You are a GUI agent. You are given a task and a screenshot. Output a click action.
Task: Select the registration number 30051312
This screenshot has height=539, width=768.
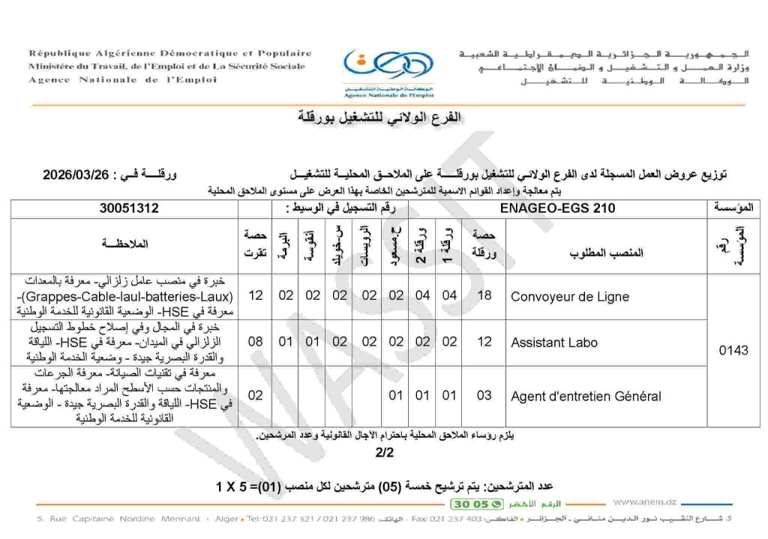[x=129, y=209]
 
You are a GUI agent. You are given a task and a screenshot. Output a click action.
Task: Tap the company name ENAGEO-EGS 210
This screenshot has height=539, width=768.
[x=556, y=209]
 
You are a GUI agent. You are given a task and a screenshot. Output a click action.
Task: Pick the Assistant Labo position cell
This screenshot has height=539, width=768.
[x=554, y=343]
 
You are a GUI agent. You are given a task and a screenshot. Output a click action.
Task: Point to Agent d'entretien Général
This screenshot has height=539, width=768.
[x=586, y=397]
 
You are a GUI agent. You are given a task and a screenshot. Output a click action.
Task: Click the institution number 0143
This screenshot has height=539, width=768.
[x=733, y=350]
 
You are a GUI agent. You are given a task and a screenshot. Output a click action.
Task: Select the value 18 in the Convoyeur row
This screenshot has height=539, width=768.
[x=484, y=295]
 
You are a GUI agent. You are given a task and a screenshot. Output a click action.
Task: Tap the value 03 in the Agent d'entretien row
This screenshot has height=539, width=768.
[x=484, y=396]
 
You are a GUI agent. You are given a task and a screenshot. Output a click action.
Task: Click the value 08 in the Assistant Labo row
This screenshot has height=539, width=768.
[x=255, y=343]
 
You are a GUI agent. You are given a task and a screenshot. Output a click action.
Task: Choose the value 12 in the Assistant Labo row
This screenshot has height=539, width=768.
[x=484, y=343]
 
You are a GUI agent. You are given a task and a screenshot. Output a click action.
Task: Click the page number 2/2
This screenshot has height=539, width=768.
[x=384, y=453]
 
